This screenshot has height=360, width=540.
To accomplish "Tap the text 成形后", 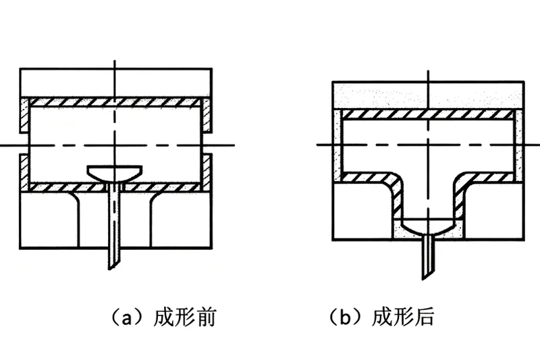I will click(402, 317).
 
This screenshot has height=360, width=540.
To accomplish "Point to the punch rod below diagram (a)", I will click(113, 230).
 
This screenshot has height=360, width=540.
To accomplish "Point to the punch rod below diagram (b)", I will click(428, 257).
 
